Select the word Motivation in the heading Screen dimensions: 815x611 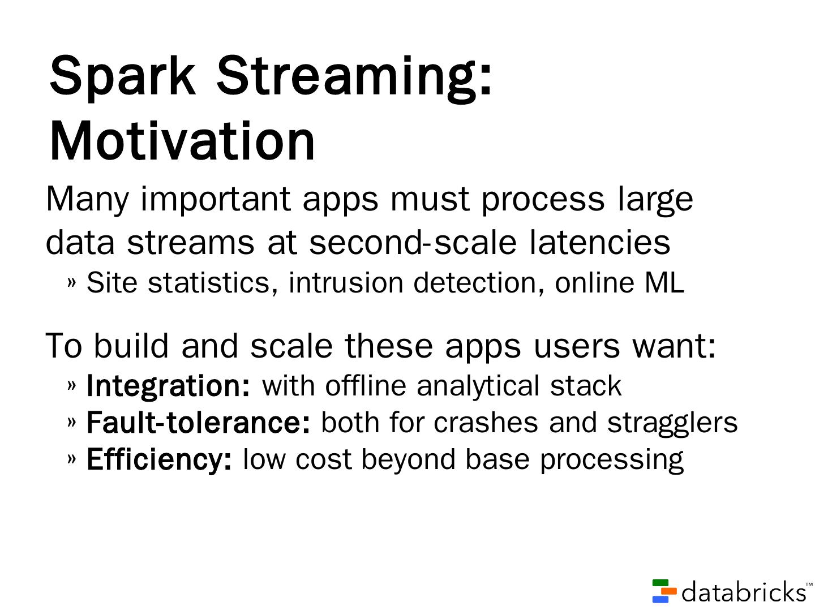click(x=182, y=141)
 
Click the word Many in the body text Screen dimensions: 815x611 click(x=87, y=200)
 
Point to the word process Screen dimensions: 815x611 click(x=543, y=201)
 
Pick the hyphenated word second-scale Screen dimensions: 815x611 click(x=413, y=242)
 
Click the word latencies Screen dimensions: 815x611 click(x=599, y=242)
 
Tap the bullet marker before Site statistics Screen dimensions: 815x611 click(x=72, y=283)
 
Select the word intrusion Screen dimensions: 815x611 click(x=346, y=283)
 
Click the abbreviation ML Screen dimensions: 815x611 click(x=664, y=283)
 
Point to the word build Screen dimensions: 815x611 click(x=131, y=345)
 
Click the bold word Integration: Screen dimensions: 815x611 click(x=168, y=387)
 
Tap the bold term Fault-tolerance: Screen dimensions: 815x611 click(x=198, y=423)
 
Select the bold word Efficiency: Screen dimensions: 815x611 click(x=159, y=461)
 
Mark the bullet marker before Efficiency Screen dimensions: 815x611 click(x=72, y=459)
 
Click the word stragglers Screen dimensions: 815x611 click(x=672, y=424)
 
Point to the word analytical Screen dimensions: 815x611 click(x=478, y=387)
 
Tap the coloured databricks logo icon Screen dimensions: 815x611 click(x=664, y=591)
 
